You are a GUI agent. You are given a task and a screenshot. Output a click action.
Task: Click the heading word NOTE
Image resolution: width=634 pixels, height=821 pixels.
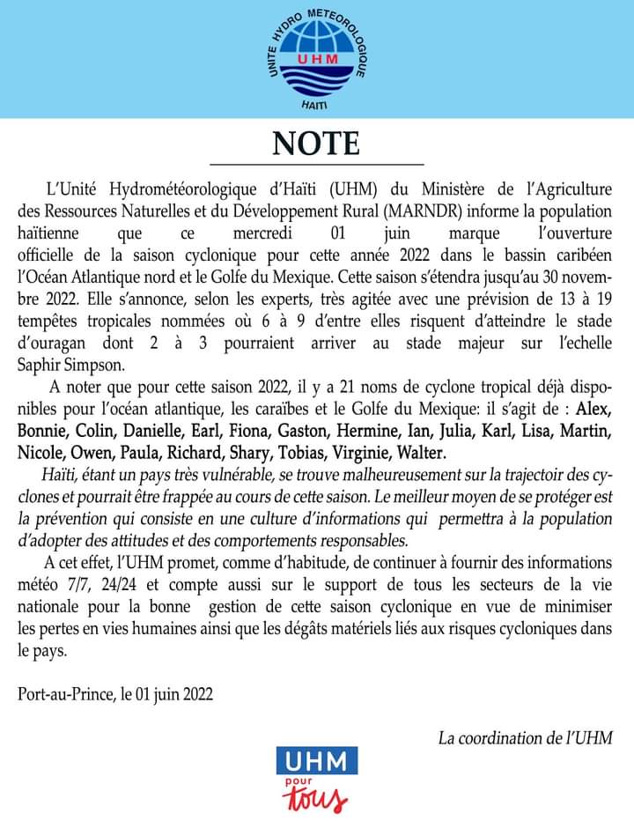coord(316,144)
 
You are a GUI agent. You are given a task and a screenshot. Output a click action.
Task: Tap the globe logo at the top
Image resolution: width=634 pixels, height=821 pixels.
coord(317,57)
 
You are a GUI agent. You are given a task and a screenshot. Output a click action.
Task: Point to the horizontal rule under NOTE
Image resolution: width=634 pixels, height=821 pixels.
coord(316,165)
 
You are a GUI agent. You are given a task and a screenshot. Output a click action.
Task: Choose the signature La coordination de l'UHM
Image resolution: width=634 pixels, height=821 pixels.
coord(526,737)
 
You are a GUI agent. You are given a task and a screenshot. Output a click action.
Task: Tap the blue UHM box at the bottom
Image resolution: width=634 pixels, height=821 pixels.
coord(316,760)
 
